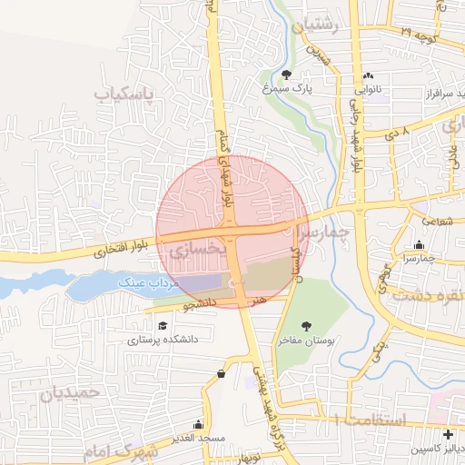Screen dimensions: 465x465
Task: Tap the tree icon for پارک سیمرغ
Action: (288, 75)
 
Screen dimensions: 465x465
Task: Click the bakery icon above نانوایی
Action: (368, 76)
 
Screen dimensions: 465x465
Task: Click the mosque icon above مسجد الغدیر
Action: (199, 424)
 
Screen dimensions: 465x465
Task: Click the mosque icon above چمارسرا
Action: (418, 245)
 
